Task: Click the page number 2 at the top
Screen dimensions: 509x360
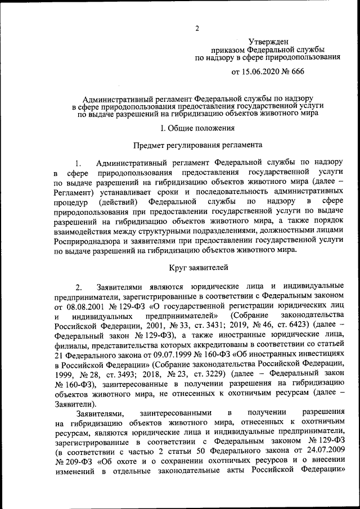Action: [197, 29]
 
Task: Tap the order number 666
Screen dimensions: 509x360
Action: [297, 72]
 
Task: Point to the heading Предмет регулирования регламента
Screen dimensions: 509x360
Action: [197, 145]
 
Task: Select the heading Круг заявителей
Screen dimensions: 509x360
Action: [197, 269]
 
